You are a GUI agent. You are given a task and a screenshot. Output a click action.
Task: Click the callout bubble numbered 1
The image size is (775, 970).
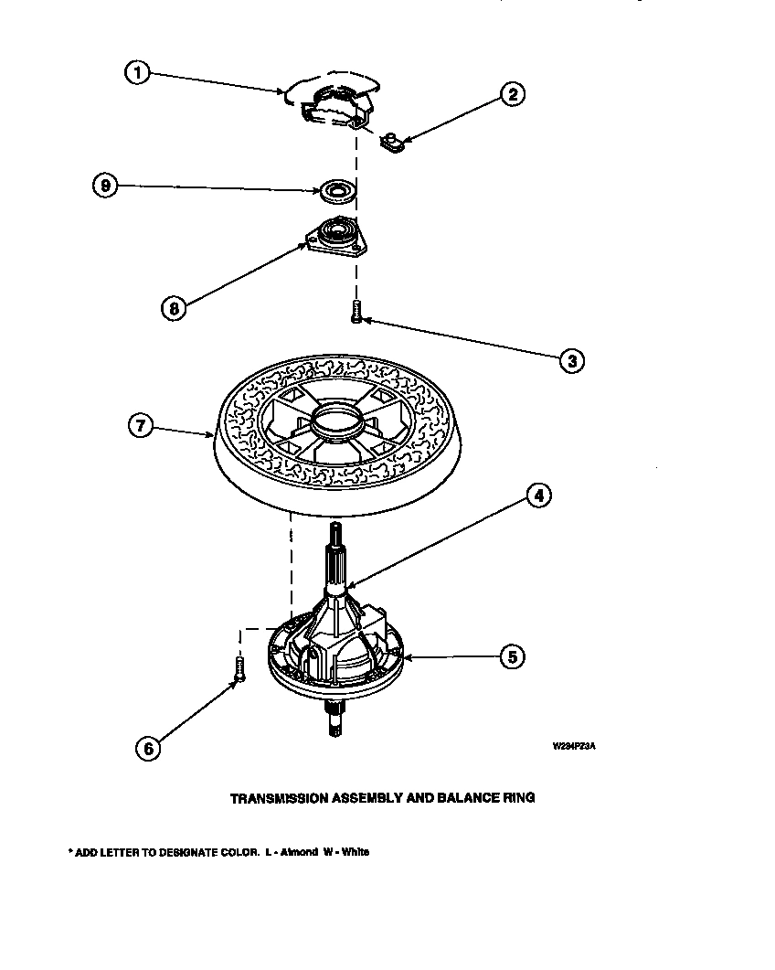pos(136,74)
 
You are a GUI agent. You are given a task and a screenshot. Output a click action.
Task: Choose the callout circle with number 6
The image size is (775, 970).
pos(148,747)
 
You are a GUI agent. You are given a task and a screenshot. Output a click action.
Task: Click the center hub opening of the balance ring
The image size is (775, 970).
pos(335,422)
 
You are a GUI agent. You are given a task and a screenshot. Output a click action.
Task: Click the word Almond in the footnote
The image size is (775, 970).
pos(298,852)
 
